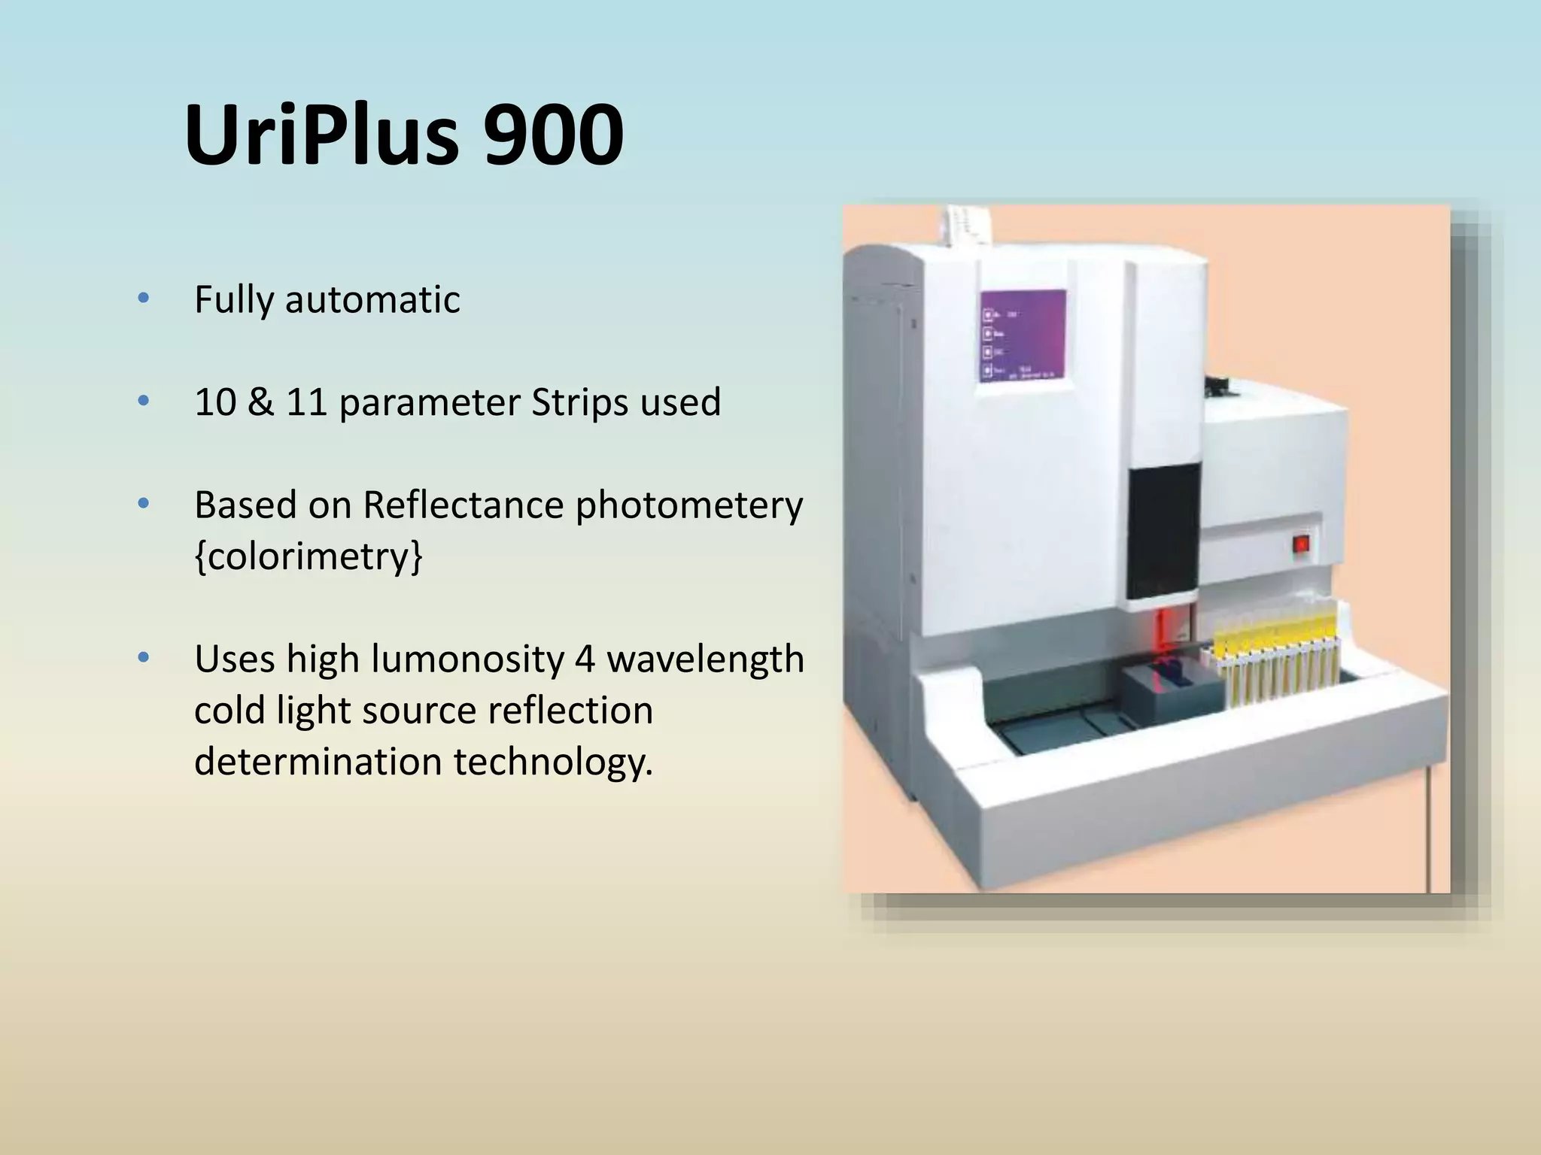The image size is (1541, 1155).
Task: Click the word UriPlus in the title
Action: (x=321, y=135)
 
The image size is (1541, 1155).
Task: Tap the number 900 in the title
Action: (x=553, y=135)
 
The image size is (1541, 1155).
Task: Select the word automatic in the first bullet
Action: (x=372, y=300)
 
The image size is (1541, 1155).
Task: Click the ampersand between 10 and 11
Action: (x=260, y=402)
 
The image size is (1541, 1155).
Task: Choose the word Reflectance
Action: (x=463, y=505)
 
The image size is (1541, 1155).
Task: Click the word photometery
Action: (x=689, y=506)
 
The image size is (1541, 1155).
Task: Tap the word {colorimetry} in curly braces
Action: (x=309, y=556)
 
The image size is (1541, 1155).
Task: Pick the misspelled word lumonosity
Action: (x=467, y=659)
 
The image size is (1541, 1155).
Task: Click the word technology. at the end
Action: (x=553, y=762)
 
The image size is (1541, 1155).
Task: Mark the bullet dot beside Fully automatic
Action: (x=144, y=299)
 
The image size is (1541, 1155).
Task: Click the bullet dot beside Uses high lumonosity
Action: (x=144, y=658)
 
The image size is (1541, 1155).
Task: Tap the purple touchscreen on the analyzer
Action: (x=1023, y=335)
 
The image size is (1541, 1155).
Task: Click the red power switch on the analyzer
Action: (x=1301, y=544)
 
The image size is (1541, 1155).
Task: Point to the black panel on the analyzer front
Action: (x=1163, y=531)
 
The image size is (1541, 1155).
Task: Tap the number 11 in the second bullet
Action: (x=306, y=402)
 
